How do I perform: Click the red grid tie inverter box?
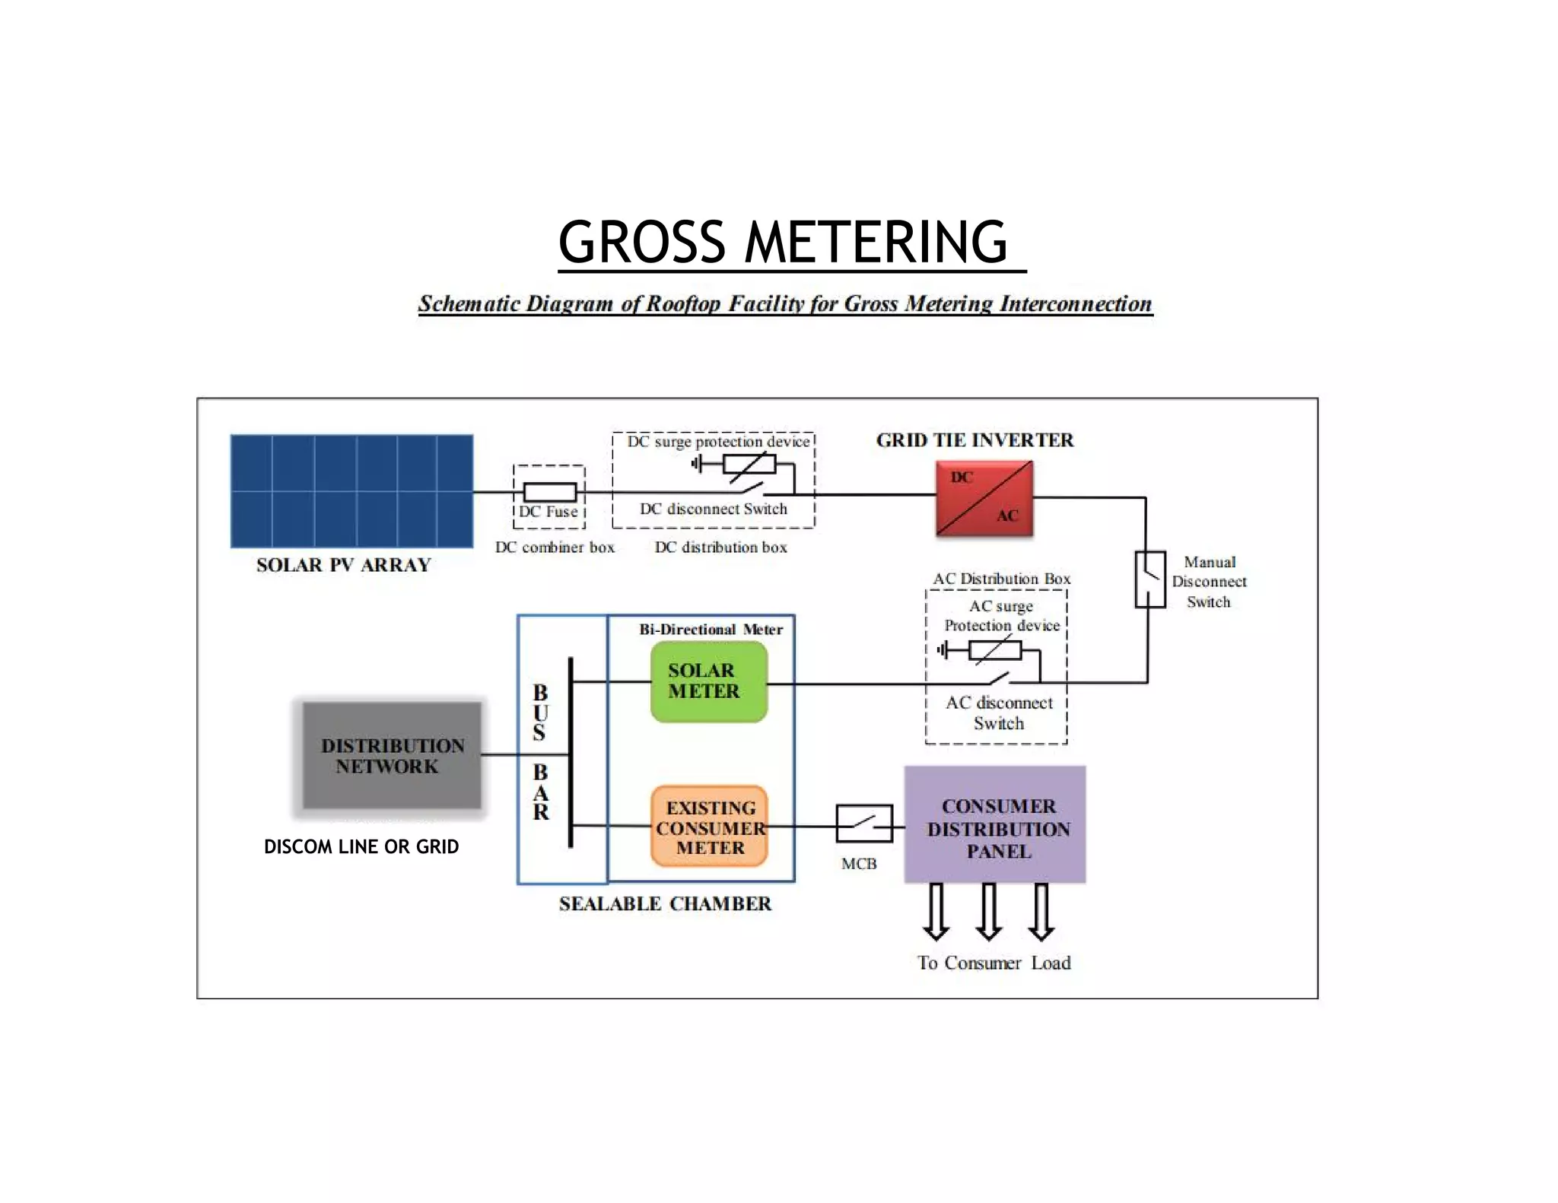click(984, 498)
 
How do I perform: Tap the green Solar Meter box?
click(709, 681)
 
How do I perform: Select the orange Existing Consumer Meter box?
click(709, 827)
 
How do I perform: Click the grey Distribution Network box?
click(392, 755)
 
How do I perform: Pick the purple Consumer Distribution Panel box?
click(995, 824)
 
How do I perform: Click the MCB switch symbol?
click(864, 824)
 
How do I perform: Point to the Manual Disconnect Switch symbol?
click(1150, 579)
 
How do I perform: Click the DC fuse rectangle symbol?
click(549, 492)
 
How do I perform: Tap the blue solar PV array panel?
click(352, 491)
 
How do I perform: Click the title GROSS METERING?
click(784, 242)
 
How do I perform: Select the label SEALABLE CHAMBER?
click(665, 903)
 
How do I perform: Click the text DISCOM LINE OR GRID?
click(361, 846)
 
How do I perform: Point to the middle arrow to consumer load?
click(988, 912)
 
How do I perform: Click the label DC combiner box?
click(555, 547)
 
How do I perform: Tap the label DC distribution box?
click(721, 547)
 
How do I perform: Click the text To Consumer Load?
click(994, 963)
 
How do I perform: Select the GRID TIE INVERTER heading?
click(975, 440)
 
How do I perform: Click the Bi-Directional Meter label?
click(711, 629)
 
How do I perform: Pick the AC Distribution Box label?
click(1002, 579)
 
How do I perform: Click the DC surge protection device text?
click(718, 442)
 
